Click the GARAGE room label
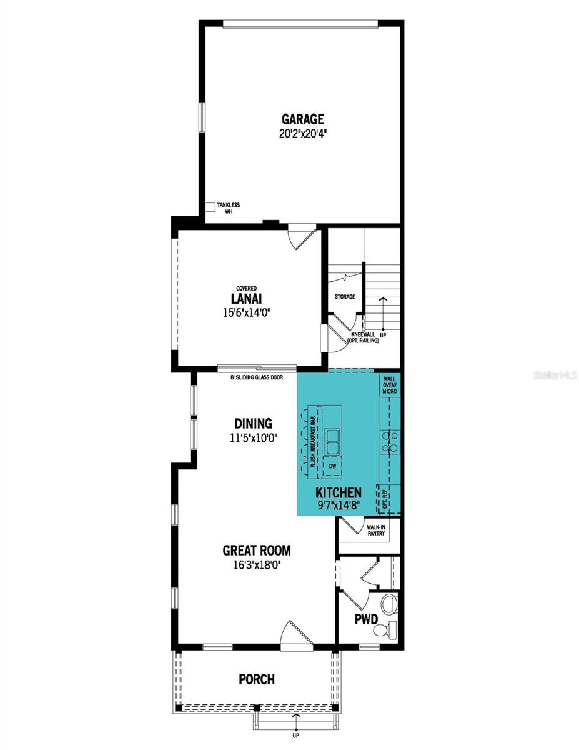click(302, 119)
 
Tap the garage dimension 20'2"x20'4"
click(302, 132)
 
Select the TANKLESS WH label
click(228, 208)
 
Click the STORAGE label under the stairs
click(344, 297)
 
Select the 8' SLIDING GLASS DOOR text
click(256, 377)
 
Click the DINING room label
click(253, 424)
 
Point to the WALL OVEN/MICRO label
click(390, 384)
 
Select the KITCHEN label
click(338, 492)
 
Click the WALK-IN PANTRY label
click(376, 531)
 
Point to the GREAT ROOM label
click(257, 551)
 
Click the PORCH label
click(257, 679)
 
